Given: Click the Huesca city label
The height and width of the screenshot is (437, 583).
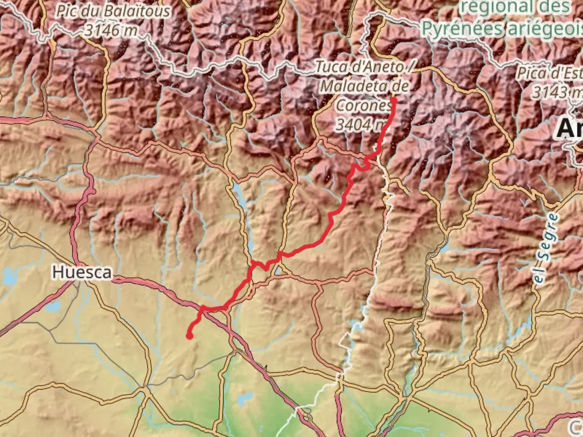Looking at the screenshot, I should [81, 272].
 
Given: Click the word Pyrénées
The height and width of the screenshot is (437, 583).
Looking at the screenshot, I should [462, 29].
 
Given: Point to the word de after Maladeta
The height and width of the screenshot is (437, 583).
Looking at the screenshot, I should [399, 86].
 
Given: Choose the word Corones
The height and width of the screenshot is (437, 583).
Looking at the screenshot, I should [364, 105].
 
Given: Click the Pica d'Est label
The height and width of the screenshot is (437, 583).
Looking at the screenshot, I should [549, 73].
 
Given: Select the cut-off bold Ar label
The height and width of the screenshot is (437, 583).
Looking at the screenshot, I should [569, 129].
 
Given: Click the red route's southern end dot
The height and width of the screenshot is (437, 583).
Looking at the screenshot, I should [189, 335].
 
